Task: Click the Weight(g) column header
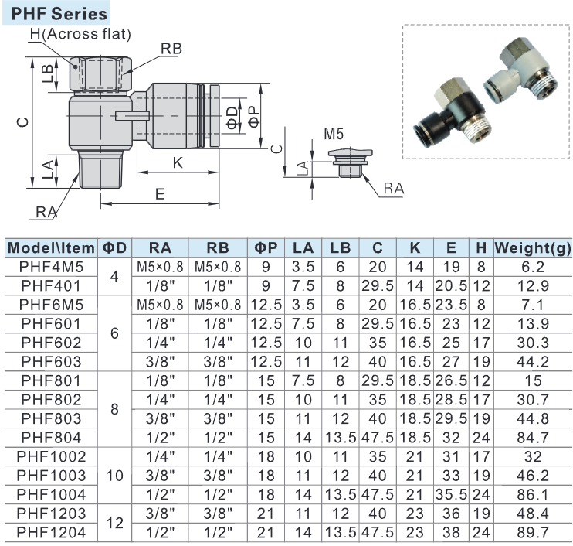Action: (531, 248)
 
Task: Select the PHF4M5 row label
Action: (50, 267)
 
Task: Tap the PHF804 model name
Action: (50, 437)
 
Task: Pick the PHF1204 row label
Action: (50, 531)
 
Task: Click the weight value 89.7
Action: (531, 531)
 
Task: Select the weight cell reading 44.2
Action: (531, 361)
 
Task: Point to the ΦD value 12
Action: (115, 522)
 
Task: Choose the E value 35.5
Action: (451, 493)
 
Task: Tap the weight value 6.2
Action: (531, 267)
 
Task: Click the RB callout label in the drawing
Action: (171, 48)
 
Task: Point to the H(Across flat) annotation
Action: (80, 34)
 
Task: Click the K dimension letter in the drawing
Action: (177, 163)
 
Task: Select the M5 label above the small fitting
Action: (333, 134)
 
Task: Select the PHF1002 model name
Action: (50, 456)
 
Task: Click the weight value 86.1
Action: (531, 493)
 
